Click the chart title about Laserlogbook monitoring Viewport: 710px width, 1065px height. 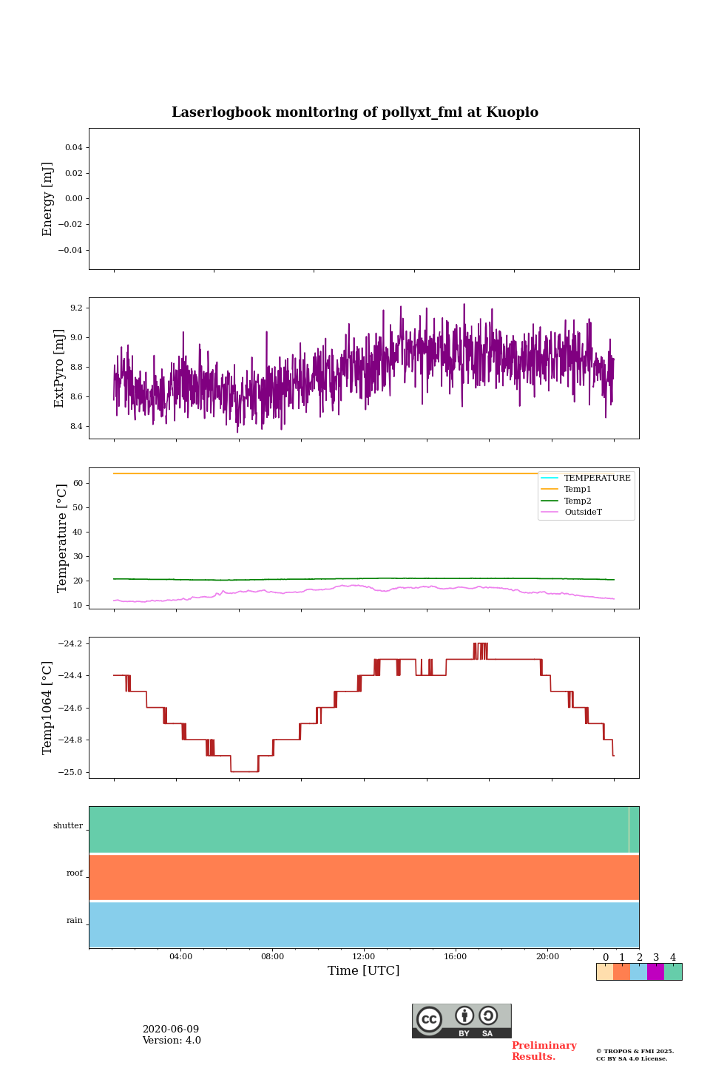pyautogui.click(x=355, y=112)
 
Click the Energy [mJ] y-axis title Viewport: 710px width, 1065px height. pyautogui.click(x=48, y=199)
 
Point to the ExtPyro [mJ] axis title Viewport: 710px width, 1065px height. pyautogui.click(x=60, y=368)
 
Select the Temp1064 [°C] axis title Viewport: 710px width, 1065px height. pyautogui.click(x=48, y=708)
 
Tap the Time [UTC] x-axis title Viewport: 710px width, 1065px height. pyautogui.click(x=363, y=971)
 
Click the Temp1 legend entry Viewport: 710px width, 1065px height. pyautogui.click(x=578, y=490)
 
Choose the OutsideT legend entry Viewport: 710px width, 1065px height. pyautogui.click(x=583, y=513)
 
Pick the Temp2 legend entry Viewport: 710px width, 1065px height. pyautogui.click(x=578, y=501)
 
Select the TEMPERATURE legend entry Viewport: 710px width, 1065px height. pyautogui.click(x=597, y=479)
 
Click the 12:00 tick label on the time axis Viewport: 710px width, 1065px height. pyautogui.click(x=364, y=957)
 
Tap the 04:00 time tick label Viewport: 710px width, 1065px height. pyautogui.click(x=180, y=957)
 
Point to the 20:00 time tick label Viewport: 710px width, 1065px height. pyautogui.click(x=547, y=957)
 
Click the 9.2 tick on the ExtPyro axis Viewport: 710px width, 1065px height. pyautogui.click(x=75, y=308)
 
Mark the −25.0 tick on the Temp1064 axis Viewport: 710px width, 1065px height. pyautogui.click(x=72, y=772)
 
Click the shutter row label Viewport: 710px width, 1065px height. pyautogui.click(x=68, y=826)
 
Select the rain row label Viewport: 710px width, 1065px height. pyautogui.click(x=75, y=921)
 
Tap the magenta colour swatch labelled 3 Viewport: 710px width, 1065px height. pyautogui.click(x=655, y=972)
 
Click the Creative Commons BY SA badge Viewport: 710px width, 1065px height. pyautogui.click(x=461, y=1021)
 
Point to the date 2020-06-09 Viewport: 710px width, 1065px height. pyautogui.click(x=171, y=1029)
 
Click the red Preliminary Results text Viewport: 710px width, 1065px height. pyautogui.click(x=544, y=1051)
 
